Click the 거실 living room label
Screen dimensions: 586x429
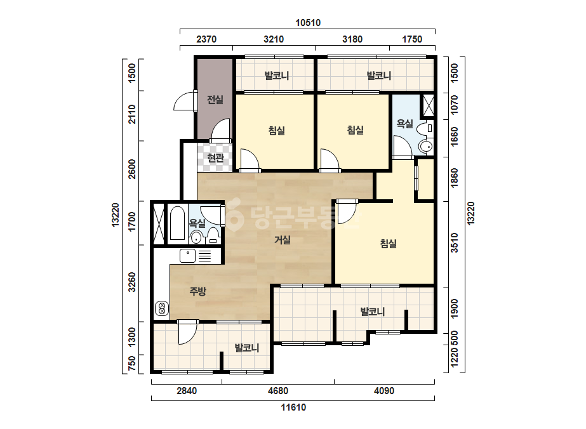283,239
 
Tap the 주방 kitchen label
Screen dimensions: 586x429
197,291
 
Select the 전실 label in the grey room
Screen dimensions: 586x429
215,100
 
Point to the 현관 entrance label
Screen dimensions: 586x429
216,157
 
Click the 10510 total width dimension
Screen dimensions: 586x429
308,23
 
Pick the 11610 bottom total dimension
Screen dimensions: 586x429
293,407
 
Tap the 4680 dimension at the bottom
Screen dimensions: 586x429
278,391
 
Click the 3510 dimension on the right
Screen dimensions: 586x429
455,243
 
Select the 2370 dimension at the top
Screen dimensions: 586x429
206,39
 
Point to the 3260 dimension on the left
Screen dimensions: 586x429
132,282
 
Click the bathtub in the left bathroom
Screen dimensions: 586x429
177,223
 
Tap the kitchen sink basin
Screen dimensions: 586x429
188,256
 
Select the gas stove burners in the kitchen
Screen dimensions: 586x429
162,308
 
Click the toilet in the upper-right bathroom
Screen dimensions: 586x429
425,129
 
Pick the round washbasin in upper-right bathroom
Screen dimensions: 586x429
425,146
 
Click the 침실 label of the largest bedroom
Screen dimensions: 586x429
389,244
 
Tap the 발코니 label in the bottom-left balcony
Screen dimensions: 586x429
247,348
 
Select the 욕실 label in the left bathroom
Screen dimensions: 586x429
197,223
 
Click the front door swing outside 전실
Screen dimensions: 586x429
185,101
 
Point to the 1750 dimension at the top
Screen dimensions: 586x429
412,39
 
